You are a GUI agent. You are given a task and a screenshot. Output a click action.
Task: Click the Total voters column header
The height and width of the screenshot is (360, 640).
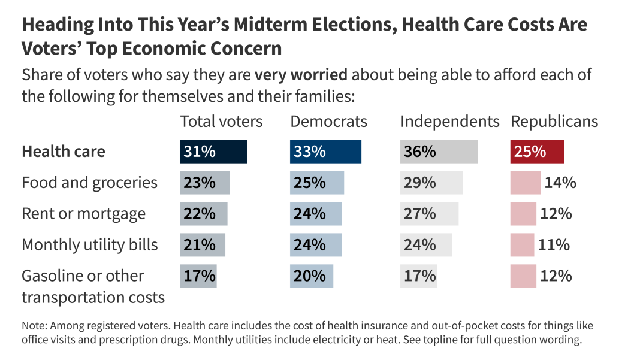tap(221, 122)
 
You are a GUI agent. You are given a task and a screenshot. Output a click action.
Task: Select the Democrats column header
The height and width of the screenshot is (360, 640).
tap(328, 122)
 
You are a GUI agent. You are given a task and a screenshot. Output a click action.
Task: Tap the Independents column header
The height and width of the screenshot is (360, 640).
tap(449, 122)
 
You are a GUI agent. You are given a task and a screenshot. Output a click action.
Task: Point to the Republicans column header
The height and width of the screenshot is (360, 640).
tap(554, 122)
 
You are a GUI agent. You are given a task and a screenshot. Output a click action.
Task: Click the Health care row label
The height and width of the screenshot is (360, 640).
tap(63, 152)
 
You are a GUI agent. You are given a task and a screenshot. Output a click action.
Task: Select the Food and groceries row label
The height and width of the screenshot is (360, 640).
tap(89, 183)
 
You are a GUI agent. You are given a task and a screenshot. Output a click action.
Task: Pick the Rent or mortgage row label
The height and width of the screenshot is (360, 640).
tap(83, 214)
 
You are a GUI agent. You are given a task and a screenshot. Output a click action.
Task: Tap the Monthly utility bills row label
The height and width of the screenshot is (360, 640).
tap(89, 245)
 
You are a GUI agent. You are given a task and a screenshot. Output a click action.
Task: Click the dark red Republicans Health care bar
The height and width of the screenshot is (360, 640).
tap(537, 152)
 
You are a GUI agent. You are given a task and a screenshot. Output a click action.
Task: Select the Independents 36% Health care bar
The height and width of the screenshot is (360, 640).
tap(439, 152)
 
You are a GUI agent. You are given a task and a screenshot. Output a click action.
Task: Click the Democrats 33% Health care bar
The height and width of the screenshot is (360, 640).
tap(325, 152)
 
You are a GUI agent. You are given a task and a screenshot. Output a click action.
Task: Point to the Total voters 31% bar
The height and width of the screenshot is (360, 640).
tap(213, 152)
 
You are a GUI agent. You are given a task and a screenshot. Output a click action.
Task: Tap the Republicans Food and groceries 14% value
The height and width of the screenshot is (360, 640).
tap(560, 183)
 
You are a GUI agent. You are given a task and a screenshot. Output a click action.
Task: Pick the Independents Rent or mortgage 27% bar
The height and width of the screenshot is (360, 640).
tap(429, 214)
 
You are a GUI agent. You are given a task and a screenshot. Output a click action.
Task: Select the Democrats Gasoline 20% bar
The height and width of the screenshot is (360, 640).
tap(311, 276)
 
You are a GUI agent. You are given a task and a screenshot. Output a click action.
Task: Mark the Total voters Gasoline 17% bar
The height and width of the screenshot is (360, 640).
tap(198, 276)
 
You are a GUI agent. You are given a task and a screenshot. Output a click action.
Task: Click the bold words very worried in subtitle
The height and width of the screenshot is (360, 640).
tap(301, 75)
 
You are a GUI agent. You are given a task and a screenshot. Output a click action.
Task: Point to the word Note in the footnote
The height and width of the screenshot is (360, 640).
tap(34, 326)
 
